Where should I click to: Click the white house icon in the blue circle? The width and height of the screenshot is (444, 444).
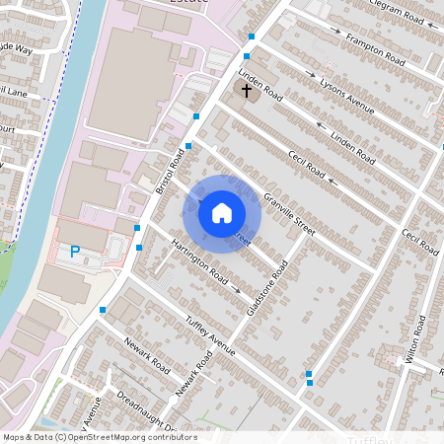(x=222, y=213)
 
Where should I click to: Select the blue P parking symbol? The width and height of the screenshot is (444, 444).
(x=75, y=254)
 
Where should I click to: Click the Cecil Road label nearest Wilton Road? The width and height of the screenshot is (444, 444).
(x=419, y=241)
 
